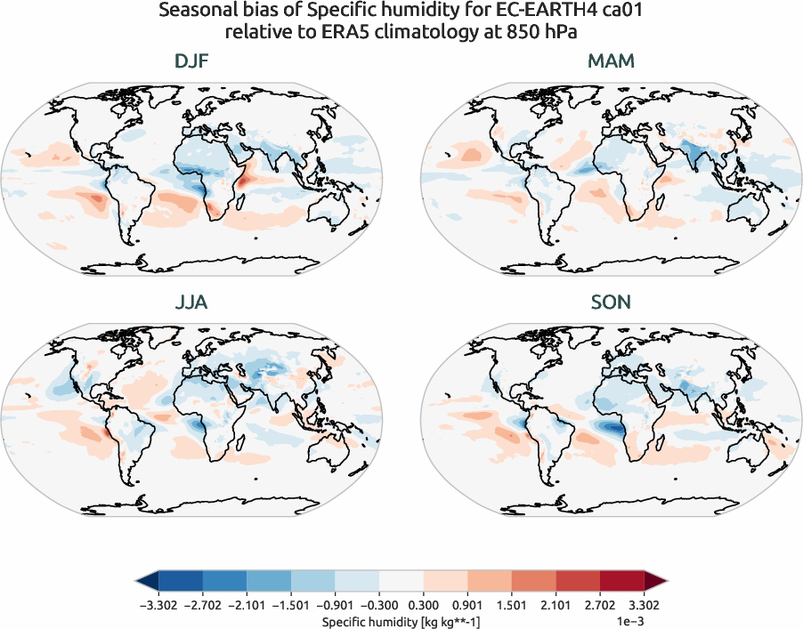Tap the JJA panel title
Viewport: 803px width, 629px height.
191,302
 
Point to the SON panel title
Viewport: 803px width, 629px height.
611,302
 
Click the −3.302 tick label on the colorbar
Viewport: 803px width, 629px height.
158,603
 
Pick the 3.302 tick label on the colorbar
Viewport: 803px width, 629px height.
644,603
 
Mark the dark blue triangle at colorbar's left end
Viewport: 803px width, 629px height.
147,581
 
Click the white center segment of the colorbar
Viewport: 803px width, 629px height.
401,581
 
